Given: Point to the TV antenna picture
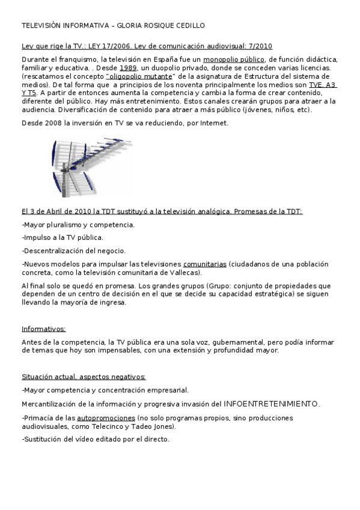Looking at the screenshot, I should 90,168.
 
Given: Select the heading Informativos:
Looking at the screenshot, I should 44,329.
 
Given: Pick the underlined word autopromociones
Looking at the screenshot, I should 106,417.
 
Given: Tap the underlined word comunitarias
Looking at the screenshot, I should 205,263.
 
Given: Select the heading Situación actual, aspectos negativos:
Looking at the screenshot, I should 84,376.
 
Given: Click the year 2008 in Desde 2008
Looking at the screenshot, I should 53,123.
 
